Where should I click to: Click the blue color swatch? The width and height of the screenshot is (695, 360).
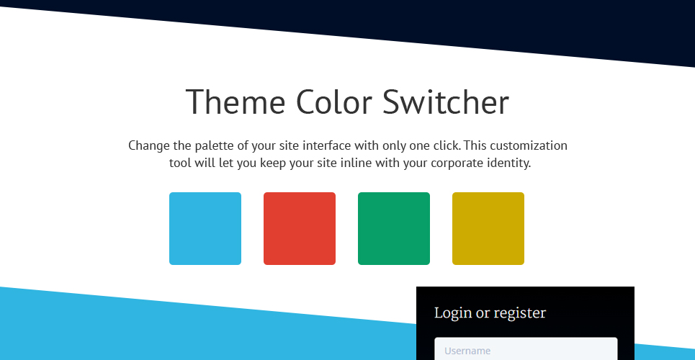[x=205, y=228]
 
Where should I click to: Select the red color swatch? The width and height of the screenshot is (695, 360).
[x=300, y=228]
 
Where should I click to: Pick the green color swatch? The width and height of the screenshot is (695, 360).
[x=394, y=228]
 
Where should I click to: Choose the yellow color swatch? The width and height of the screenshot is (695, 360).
[x=488, y=228]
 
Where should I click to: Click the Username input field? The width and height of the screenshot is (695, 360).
[x=526, y=349]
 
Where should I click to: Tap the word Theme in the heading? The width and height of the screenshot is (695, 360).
[x=236, y=102]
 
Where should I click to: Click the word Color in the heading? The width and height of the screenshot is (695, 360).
[x=333, y=102]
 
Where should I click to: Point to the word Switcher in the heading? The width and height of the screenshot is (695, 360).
[x=446, y=102]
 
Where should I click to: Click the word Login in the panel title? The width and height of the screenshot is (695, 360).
[x=453, y=313]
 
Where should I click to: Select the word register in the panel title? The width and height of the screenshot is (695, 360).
[x=520, y=313]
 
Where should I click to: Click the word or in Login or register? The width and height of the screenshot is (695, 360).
[x=483, y=313]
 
